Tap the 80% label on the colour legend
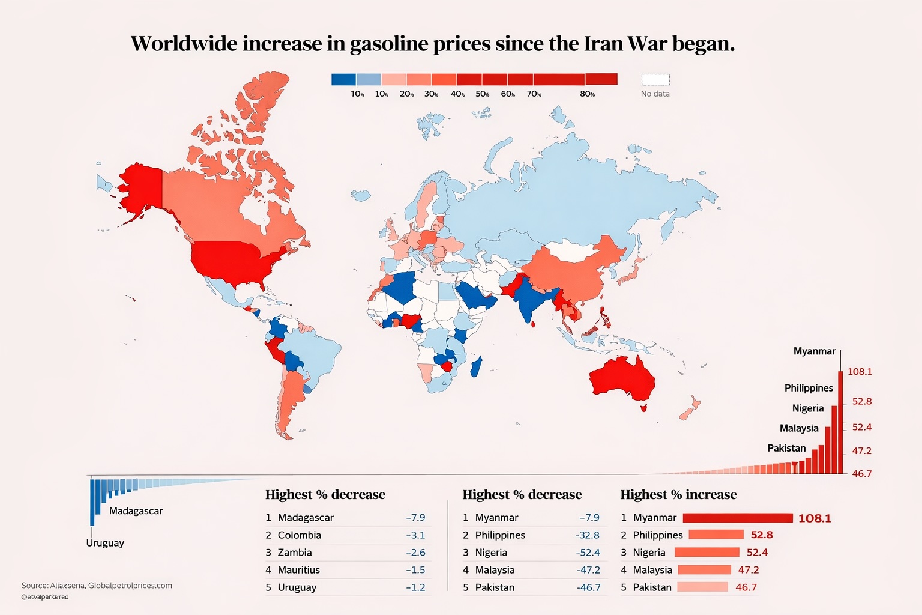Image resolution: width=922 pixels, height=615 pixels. tap(587, 94)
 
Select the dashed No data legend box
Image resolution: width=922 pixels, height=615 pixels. tap(655, 80)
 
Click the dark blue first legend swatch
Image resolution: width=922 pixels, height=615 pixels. tap(343, 79)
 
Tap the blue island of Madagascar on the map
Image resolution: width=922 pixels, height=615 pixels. tap(477, 366)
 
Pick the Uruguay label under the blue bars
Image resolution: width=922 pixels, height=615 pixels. tap(105, 543)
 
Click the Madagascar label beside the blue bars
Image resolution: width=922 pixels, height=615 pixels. tap(136, 511)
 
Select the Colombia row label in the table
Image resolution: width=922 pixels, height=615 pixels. tap(299, 535)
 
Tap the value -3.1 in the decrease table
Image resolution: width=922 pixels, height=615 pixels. tap(415, 535)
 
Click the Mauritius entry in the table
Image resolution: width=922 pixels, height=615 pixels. tap(298, 570)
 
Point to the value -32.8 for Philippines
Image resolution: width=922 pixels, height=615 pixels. tap(588, 535)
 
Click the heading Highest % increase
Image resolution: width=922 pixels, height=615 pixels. tap(678, 495)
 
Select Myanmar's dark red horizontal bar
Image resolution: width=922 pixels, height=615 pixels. tap(738, 518)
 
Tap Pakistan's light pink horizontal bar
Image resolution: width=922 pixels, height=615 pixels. tap(702, 587)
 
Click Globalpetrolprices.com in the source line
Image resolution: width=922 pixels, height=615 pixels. tap(130, 586)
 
